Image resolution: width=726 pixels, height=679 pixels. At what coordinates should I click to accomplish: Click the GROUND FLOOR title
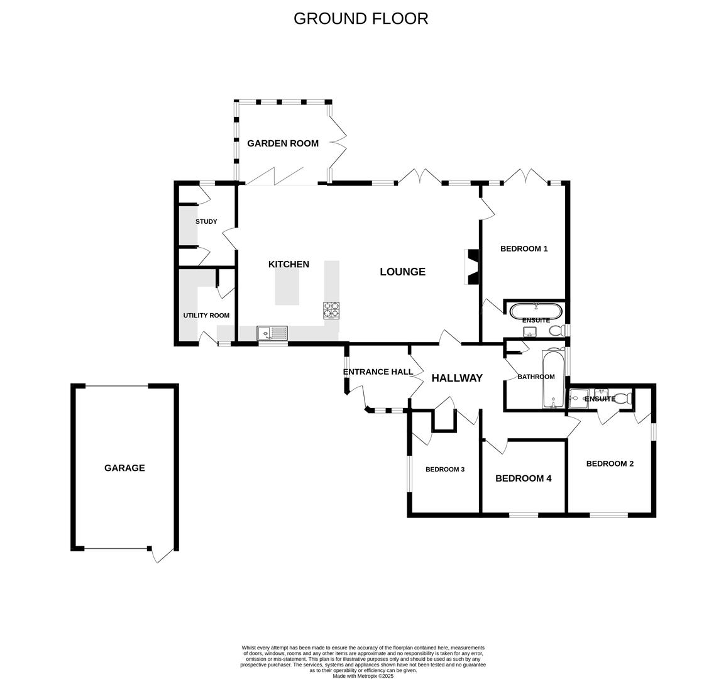tap(361, 18)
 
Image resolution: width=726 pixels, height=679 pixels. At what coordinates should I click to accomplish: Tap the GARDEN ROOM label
tap(282, 143)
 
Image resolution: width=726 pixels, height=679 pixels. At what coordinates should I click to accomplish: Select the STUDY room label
tap(206, 221)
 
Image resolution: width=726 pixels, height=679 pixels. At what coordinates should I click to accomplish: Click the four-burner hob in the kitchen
tap(332, 310)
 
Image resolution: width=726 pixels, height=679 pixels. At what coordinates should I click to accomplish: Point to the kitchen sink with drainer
tap(272, 333)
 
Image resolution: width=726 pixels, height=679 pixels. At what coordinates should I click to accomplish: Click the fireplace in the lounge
tap(471, 266)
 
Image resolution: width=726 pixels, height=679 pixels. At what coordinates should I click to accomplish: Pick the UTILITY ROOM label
tap(206, 316)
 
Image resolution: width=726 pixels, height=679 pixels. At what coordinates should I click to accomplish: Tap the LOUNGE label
tap(402, 272)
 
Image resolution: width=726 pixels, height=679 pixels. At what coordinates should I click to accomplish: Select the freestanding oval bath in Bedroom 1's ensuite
tap(536, 310)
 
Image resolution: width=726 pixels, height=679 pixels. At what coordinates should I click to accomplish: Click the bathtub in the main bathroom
tap(553, 378)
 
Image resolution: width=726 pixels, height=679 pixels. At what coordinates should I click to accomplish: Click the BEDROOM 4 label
tap(523, 478)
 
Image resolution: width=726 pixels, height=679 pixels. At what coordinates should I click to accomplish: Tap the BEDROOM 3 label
tap(444, 469)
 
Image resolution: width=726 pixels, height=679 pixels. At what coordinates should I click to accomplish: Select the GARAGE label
tap(124, 468)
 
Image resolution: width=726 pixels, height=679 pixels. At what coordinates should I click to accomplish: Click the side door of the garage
tap(162, 555)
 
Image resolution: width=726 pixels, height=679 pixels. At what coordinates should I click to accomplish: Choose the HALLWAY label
tap(457, 378)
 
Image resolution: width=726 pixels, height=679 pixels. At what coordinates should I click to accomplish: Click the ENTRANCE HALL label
tap(378, 372)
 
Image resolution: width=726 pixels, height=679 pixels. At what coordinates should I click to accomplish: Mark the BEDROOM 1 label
tap(524, 248)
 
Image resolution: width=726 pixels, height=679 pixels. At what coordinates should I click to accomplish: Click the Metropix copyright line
tap(363, 676)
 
